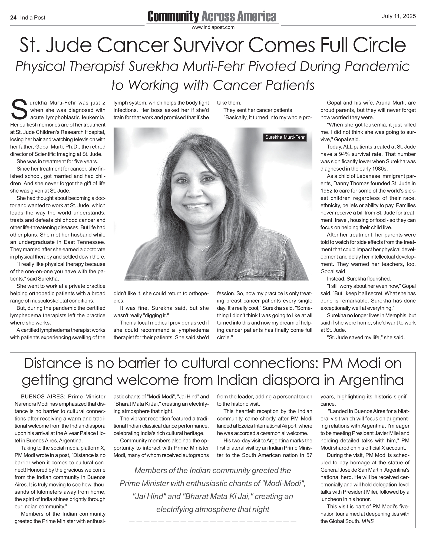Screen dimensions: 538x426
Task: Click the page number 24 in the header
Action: (x=13, y=18)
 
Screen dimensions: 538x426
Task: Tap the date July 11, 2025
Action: (x=399, y=16)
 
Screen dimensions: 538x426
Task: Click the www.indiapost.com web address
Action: (x=213, y=27)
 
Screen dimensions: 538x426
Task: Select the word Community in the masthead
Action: (x=173, y=17)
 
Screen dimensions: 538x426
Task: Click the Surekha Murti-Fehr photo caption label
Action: (x=285, y=137)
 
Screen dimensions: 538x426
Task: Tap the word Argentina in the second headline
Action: (x=371, y=380)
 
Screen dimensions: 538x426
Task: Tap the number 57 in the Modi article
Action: (x=309, y=455)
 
